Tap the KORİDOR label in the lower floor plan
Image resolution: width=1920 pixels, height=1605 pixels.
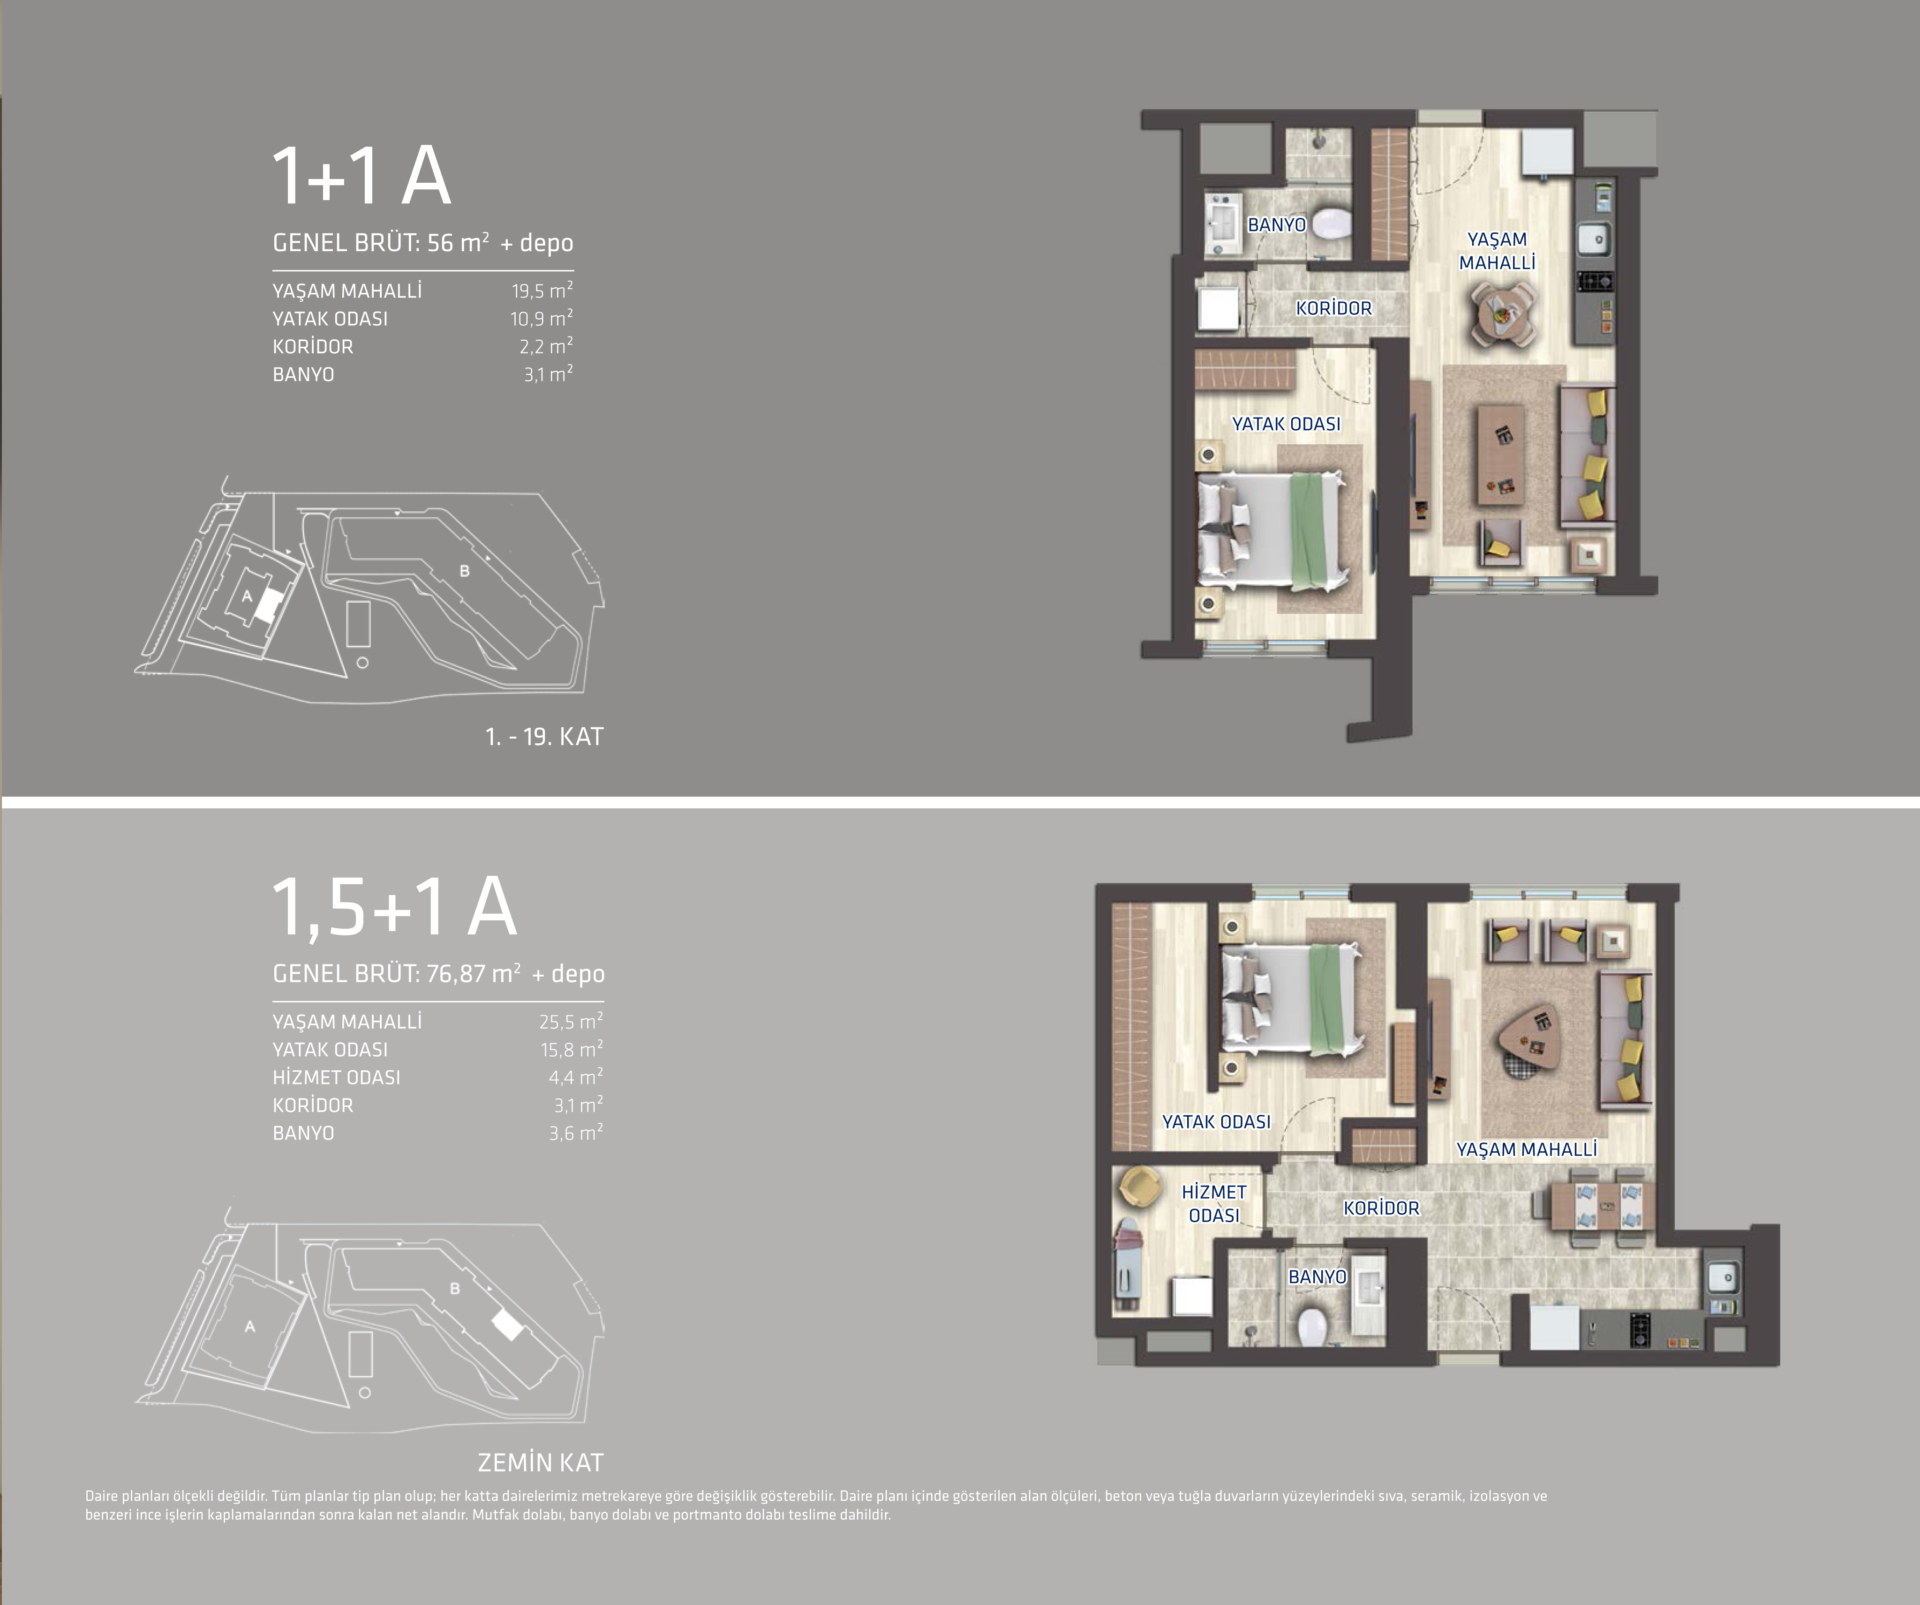[1381, 1209]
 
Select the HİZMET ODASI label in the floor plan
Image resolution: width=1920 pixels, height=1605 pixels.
[1214, 1204]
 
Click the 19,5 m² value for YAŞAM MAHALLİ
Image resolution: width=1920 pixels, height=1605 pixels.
[542, 291]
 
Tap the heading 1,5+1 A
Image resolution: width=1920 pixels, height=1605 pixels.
[395, 908]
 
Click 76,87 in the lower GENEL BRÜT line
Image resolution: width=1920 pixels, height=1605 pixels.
[455, 973]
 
